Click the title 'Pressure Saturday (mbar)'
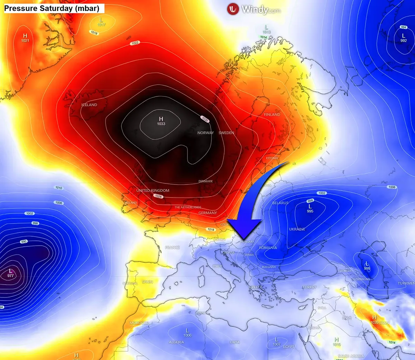[x=52, y=8]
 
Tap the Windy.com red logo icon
[x=233, y=9]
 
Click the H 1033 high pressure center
[x=161, y=121]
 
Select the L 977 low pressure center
[x=11, y=273]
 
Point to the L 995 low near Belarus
[x=310, y=208]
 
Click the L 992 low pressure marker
[x=403, y=38]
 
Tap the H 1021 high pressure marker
[x=25, y=38]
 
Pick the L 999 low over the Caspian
[x=367, y=266]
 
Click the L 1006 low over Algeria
[x=187, y=333]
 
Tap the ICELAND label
[x=89, y=105]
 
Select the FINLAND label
[x=272, y=114]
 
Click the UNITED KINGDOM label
[x=153, y=190]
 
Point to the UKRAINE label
[x=297, y=229]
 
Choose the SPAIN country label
[x=147, y=282]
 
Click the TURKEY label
[x=309, y=287]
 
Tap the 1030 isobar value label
[x=205, y=119]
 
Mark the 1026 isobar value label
[x=158, y=196]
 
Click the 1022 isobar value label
[x=135, y=43]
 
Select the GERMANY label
[x=207, y=213]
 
